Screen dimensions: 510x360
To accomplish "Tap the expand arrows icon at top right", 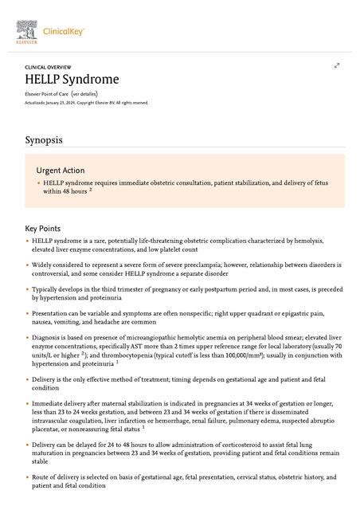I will click(x=337, y=65).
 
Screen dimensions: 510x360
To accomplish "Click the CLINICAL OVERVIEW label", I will click(x=48, y=67).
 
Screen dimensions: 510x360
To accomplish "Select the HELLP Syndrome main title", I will click(x=72, y=80).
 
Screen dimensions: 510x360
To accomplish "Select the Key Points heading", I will click(x=42, y=228).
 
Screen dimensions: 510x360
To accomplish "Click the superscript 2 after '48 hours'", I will click(x=91, y=190).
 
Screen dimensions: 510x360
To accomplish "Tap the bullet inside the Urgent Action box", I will click(x=38, y=182).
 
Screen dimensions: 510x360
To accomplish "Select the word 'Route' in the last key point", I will click(x=41, y=477).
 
